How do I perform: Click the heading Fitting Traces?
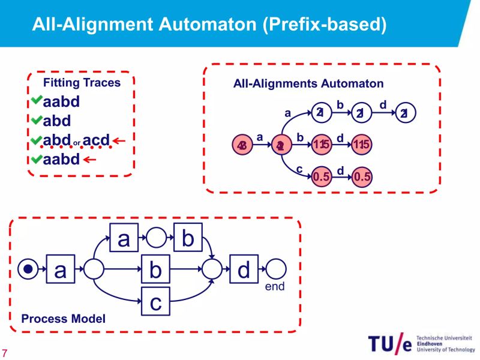(82, 83)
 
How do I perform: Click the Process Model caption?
(63, 319)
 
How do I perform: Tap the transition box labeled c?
(155, 301)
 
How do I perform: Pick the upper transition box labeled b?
(188, 238)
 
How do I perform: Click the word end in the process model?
(275, 287)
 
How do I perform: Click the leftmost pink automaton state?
(242, 145)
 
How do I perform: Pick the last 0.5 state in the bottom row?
(362, 176)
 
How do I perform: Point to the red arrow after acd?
(119, 142)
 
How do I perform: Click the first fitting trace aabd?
(61, 101)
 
